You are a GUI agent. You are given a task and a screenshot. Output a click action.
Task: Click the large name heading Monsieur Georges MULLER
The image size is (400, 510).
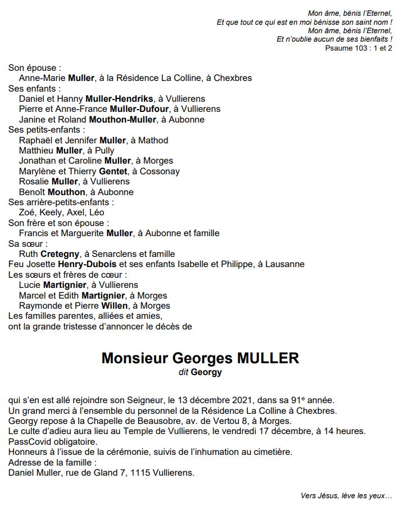200,358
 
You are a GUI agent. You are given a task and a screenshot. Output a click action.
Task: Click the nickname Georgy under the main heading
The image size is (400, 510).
206,372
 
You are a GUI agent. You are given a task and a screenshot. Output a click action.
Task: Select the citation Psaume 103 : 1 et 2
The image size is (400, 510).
358,48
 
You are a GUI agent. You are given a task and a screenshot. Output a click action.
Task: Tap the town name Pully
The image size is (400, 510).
104,150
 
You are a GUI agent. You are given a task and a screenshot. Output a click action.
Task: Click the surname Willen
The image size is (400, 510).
115,305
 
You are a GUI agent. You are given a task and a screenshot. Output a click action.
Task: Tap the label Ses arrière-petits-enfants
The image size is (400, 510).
61,202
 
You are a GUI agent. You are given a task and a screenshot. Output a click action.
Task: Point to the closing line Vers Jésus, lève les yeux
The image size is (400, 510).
346,495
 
